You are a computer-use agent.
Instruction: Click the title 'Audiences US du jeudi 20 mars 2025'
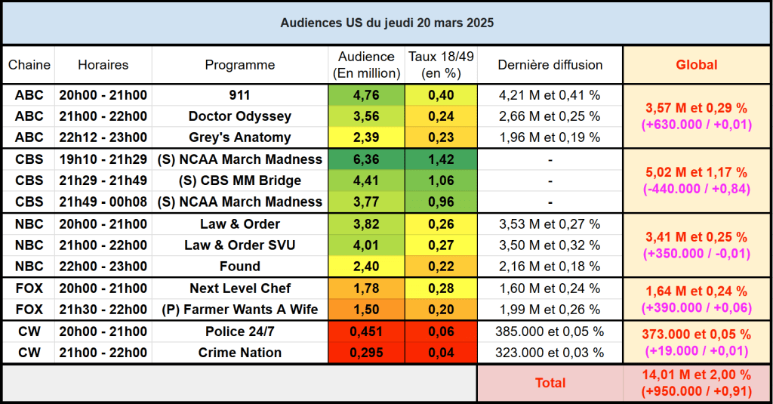tap(386, 23)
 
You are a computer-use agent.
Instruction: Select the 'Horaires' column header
tap(103, 65)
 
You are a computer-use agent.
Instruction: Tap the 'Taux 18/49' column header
tap(441, 65)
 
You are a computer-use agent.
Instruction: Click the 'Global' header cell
tap(696, 65)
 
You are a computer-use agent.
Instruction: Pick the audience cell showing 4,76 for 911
tap(366, 95)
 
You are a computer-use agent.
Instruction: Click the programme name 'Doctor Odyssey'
tap(240, 116)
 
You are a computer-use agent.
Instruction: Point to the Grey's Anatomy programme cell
tap(240, 137)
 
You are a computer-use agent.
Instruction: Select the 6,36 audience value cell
tap(366, 159)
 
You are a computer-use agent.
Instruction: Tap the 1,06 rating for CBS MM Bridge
tap(441, 180)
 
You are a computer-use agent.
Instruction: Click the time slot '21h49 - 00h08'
tap(103, 202)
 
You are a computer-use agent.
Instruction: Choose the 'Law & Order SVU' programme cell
tap(240, 245)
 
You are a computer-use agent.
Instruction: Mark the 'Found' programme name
tap(240, 267)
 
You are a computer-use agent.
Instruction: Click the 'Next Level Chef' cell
tap(240, 288)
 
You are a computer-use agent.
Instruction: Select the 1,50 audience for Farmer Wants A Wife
tap(366, 310)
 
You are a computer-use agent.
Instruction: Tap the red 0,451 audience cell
tap(366, 332)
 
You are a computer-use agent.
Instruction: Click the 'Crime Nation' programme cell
tap(240, 353)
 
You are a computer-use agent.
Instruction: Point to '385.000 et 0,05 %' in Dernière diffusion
tap(550, 332)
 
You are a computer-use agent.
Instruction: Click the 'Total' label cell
tap(550, 383)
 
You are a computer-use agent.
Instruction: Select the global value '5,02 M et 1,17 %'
tap(696, 172)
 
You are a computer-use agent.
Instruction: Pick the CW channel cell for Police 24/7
tap(29, 332)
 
